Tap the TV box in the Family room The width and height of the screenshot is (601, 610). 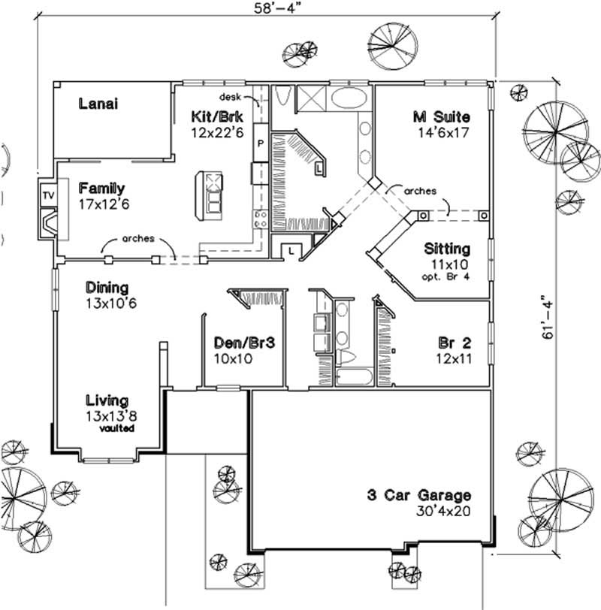coord(47,195)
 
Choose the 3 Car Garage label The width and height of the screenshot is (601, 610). coord(419,496)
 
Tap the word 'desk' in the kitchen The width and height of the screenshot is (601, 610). coord(230,98)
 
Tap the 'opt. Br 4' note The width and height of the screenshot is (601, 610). coord(447,277)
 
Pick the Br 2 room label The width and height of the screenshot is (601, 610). coord(455,343)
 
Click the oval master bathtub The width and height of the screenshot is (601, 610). coord(347,98)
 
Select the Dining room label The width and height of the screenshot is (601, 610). coord(106,287)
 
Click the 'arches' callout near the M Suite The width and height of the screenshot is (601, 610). coord(420,191)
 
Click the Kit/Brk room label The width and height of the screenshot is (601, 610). coord(218,116)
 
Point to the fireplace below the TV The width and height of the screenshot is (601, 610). coord(47,223)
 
